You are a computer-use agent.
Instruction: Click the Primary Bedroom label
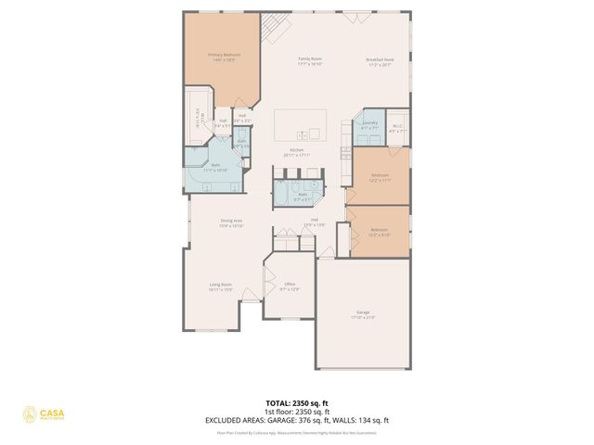[224, 57]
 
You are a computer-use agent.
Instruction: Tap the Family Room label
[309, 62]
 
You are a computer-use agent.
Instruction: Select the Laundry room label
[368, 124]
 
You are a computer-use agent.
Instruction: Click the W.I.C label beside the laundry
[396, 129]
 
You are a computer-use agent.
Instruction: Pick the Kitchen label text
[297, 152]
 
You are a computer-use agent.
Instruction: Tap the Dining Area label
[231, 222]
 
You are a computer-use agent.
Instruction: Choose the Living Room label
[220, 286]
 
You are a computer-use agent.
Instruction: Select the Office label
[290, 286]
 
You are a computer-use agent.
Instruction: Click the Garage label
[363, 315]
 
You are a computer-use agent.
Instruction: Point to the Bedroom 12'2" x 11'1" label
[380, 177]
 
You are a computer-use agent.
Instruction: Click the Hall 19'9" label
[315, 222]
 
